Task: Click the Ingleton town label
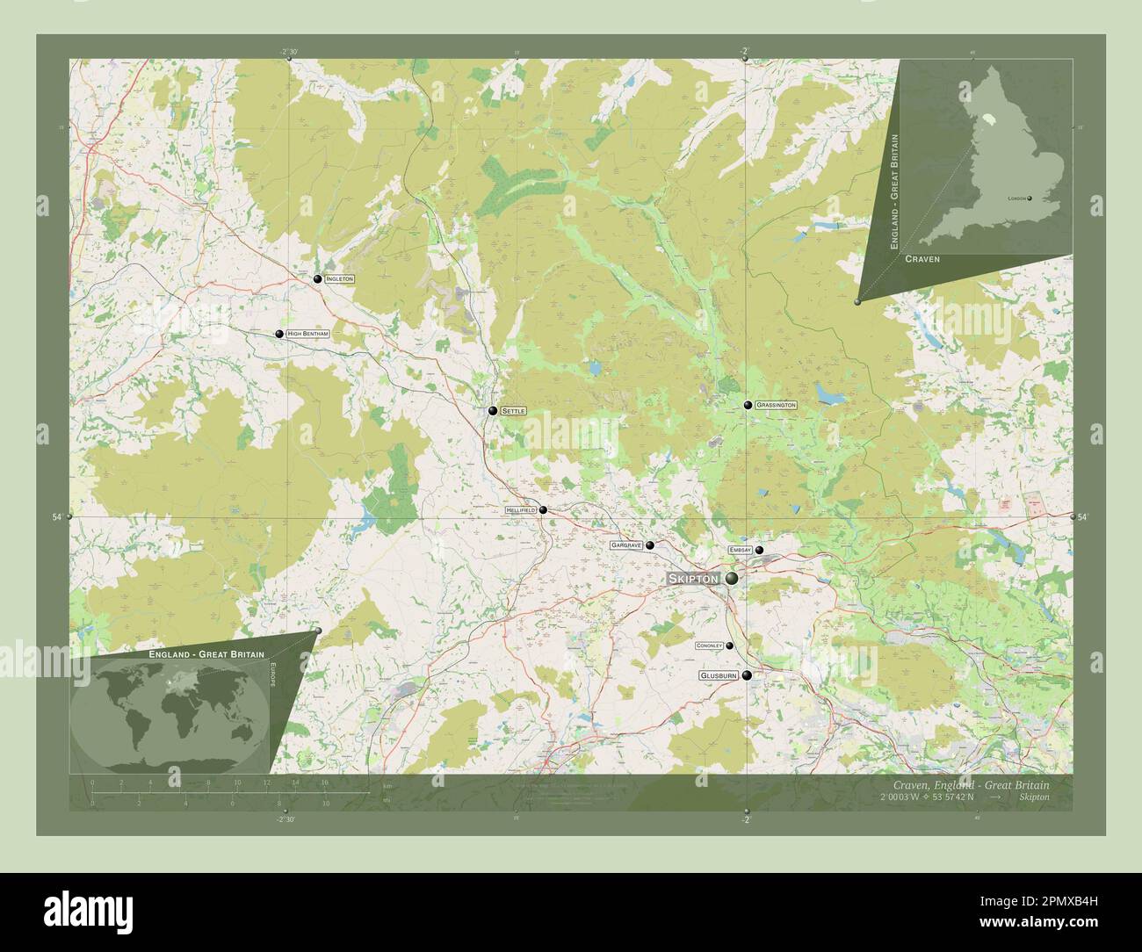click(339, 278)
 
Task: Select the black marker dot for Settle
click(494, 410)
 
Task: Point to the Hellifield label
click(520, 510)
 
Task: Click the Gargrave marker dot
click(650, 545)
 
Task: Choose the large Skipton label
click(694, 579)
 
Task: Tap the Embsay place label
click(741, 550)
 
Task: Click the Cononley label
click(709, 645)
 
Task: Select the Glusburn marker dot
click(747, 675)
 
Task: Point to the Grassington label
click(776, 405)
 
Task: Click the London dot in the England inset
click(1030, 198)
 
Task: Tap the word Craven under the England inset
click(922, 260)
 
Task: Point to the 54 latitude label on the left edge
click(56, 518)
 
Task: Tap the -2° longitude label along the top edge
click(745, 51)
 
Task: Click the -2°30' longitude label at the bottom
click(285, 819)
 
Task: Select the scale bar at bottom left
click(211, 794)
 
